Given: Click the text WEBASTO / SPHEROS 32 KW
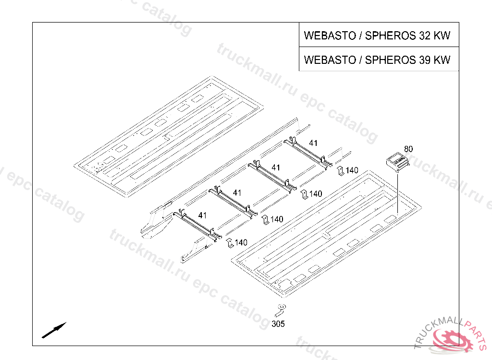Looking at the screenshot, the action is pos(377,36).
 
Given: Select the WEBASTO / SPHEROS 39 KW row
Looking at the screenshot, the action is pos(377,60).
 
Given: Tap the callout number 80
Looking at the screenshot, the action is pos(408,149).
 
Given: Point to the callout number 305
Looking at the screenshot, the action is pos(278,324).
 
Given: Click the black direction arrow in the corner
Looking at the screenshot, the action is pos(54,330).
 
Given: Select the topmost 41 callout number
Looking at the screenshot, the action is pos(313,143).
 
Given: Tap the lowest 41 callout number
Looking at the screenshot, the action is pos(202,216).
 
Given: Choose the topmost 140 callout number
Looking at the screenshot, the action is pos(352,170).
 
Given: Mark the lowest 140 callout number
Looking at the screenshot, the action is pos(241,243).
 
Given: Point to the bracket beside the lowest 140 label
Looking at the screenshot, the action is pos(230,243).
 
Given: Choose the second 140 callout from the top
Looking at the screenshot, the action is pos(316,194).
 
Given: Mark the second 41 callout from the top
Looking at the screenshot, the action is pos(276,167).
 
